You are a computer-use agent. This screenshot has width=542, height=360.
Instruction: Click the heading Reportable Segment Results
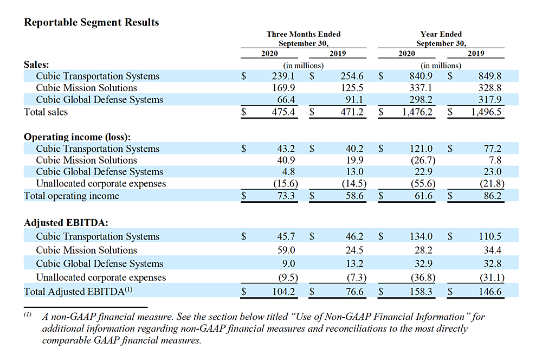pyautogui.click(x=91, y=22)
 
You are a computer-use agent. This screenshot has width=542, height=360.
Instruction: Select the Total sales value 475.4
pyautogui.click(x=283, y=112)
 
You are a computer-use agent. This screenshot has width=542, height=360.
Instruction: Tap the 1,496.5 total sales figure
pyautogui.click(x=486, y=112)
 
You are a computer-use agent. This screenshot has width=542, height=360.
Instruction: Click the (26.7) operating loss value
pyautogui.click(x=423, y=160)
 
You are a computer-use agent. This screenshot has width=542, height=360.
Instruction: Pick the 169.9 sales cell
pyautogui.click(x=283, y=88)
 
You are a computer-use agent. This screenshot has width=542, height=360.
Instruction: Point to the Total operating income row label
pyautogui.click(x=71, y=196)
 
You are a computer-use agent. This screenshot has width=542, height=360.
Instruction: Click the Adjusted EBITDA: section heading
pyautogui.click(x=66, y=222)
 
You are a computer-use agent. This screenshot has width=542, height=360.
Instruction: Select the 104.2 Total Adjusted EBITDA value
pyautogui.click(x=283, y=292)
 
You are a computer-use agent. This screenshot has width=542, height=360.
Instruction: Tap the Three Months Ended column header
pyautogui.click(x=304, y=34)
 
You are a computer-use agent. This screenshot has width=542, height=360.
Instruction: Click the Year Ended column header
pyautogui.click(x=441, y=34)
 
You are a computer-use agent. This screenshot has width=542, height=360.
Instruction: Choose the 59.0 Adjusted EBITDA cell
pyautogui.click(x=286, y=250)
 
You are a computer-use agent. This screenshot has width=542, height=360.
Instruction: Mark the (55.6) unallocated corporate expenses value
pyautogui.click(x=423, y=184)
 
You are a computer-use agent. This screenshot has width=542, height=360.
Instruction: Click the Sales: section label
pyautogui.click(x=36, y=65)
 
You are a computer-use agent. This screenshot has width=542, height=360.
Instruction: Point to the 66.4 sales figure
pyautogui.click(x=286, y=100)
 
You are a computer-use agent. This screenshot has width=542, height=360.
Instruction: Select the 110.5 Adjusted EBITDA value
pyautogui.click(x=490, y=236)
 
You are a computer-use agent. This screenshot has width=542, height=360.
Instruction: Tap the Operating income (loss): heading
pyautogui.click(x=77, y=137)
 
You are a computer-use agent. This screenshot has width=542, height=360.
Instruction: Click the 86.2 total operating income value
pyautogui.click(x=493, y=196)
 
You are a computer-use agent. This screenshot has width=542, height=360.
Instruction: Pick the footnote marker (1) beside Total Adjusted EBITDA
pyautogui.click(x=128, y=290)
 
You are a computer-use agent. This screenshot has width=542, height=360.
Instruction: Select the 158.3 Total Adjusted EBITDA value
pyautogui.click(x=421, y=292)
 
